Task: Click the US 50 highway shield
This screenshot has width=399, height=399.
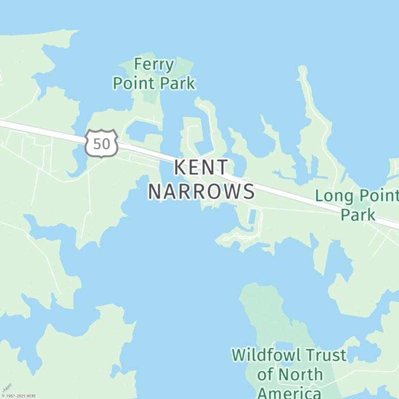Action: coord(101,144)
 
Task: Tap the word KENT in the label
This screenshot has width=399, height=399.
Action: coord(201,168)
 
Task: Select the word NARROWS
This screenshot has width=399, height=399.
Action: coord(201,192)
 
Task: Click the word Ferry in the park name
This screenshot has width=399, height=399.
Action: coord(154,65)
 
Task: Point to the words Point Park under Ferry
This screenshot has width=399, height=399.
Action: coord(154,83)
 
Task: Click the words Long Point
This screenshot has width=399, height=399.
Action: coord(357,196)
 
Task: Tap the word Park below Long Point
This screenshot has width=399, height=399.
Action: coord(358,215)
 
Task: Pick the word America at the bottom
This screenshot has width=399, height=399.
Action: coord(289,393)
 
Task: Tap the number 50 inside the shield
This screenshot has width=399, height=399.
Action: coord(101,144)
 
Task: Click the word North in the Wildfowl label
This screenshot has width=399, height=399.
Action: coord(300,374)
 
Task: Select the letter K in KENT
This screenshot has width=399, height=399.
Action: coord(180,168)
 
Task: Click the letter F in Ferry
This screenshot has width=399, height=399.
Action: coord(139,65)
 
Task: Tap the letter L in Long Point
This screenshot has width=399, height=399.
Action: coord(319,196)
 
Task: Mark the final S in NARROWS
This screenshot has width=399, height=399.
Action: coord(249,192)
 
